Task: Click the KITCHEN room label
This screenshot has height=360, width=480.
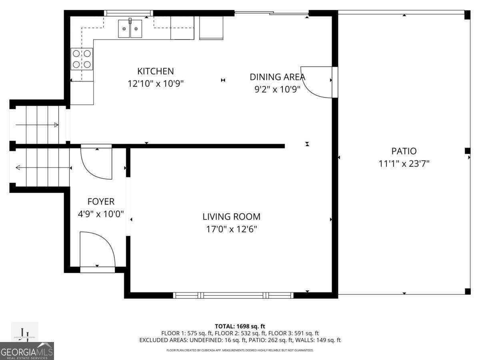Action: coord(156,71)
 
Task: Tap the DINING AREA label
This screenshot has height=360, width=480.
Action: coord(277,77)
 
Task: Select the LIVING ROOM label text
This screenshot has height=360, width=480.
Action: coord(231,217)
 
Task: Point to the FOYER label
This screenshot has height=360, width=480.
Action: coord(101,202)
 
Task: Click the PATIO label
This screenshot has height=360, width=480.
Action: coord(404,151)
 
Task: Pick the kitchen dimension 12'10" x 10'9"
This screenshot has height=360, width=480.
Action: coord(156,84)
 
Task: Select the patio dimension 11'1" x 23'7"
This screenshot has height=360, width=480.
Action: coord(404,164)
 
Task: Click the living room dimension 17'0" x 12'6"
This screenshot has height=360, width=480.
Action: coord(231,229)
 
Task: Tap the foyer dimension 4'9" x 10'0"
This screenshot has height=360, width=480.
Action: coord(101,214)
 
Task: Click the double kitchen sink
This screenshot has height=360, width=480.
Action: coord(130,28)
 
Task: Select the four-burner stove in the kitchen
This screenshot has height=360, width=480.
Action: coord(82,59)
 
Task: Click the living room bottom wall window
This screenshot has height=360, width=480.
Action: coord(233,296)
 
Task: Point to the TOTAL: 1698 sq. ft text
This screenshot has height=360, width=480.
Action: coord(240,326)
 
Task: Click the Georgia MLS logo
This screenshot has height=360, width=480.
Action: coord(27,351)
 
